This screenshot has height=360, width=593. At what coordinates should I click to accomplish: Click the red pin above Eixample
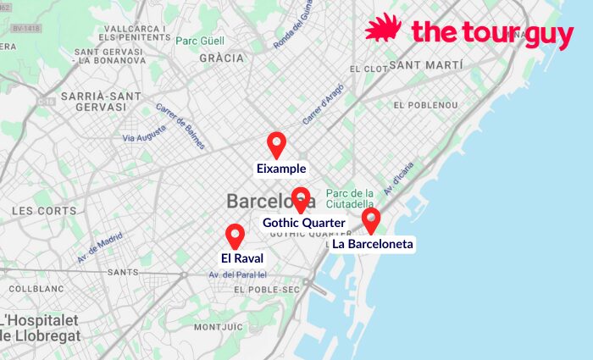(276, 144)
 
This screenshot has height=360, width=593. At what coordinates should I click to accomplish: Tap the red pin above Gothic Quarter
(300, 199)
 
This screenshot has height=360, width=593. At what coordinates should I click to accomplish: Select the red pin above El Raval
(236, 235)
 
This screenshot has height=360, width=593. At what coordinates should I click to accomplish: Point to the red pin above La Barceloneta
(370, 220)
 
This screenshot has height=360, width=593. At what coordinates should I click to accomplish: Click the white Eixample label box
(281, 169)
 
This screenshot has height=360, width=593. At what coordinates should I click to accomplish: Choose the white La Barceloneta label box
(373, 244)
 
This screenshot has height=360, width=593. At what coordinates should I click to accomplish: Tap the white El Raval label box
(242, 258)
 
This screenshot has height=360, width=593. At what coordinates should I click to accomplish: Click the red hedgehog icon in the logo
(384, 28)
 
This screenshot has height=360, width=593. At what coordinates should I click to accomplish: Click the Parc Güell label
(199, 40)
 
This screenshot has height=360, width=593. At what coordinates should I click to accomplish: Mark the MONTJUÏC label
(219, 327)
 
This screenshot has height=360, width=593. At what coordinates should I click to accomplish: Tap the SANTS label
(123, 272)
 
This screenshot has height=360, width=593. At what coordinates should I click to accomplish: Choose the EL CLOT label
(367, 68)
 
